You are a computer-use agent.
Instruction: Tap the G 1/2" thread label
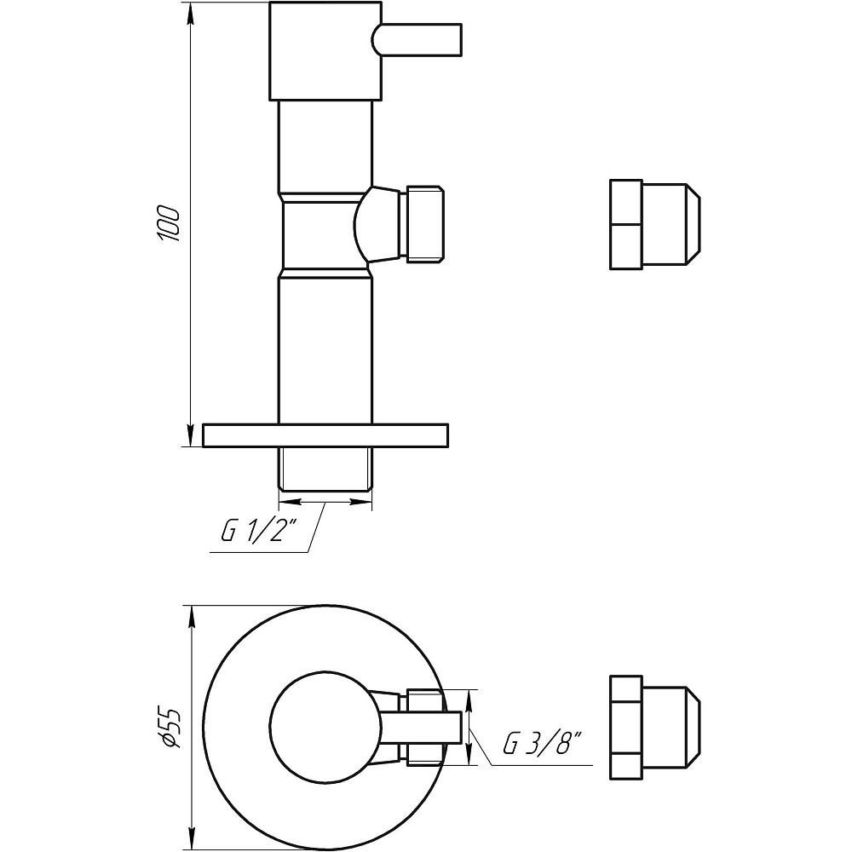pos(258,532)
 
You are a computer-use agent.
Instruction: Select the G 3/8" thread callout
pos(541,745)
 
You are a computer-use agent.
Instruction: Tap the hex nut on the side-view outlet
pos(425,223)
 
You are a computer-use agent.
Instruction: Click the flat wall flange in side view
pos(325,435)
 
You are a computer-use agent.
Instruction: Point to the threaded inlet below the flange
pos(325,468)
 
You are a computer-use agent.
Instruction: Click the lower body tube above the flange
pos(325,349)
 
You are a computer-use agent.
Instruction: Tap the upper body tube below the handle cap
pos(325,145)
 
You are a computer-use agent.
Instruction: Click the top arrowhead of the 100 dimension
pos(189,10)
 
